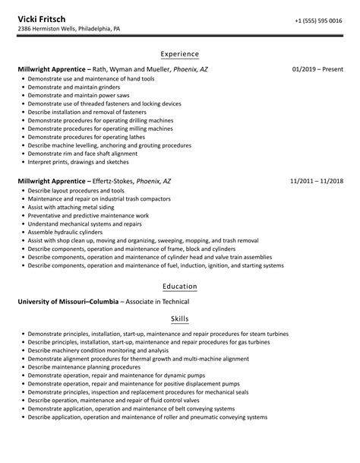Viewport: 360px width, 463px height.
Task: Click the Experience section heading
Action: pyautogui.click(x=180, y=54)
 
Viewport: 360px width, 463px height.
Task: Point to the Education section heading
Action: pyautogui.click(x=180, y=287)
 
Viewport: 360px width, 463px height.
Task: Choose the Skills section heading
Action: pyautogui.click(x=180, y=319)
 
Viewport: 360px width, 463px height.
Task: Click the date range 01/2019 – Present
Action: pyautogui.click(x=317, y=69)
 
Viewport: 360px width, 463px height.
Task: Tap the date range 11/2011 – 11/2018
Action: pyautogui.click(x=317, y=182)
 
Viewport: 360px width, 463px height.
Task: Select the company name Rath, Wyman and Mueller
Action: pyautogui.click(x=128, y=69)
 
